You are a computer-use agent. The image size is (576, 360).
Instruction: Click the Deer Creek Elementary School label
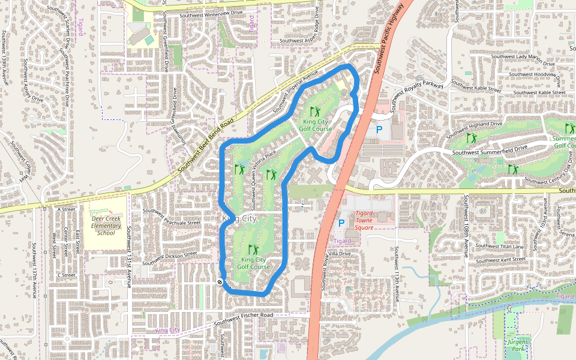[x=106, y=226]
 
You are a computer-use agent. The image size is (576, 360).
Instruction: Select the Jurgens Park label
[x=517, y=345]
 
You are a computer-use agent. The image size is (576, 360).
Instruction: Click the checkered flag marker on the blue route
[x=221, y=281]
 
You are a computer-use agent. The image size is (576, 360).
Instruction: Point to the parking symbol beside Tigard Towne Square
[x=341, y=223]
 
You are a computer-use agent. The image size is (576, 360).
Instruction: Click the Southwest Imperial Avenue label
[x=295, y=95]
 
